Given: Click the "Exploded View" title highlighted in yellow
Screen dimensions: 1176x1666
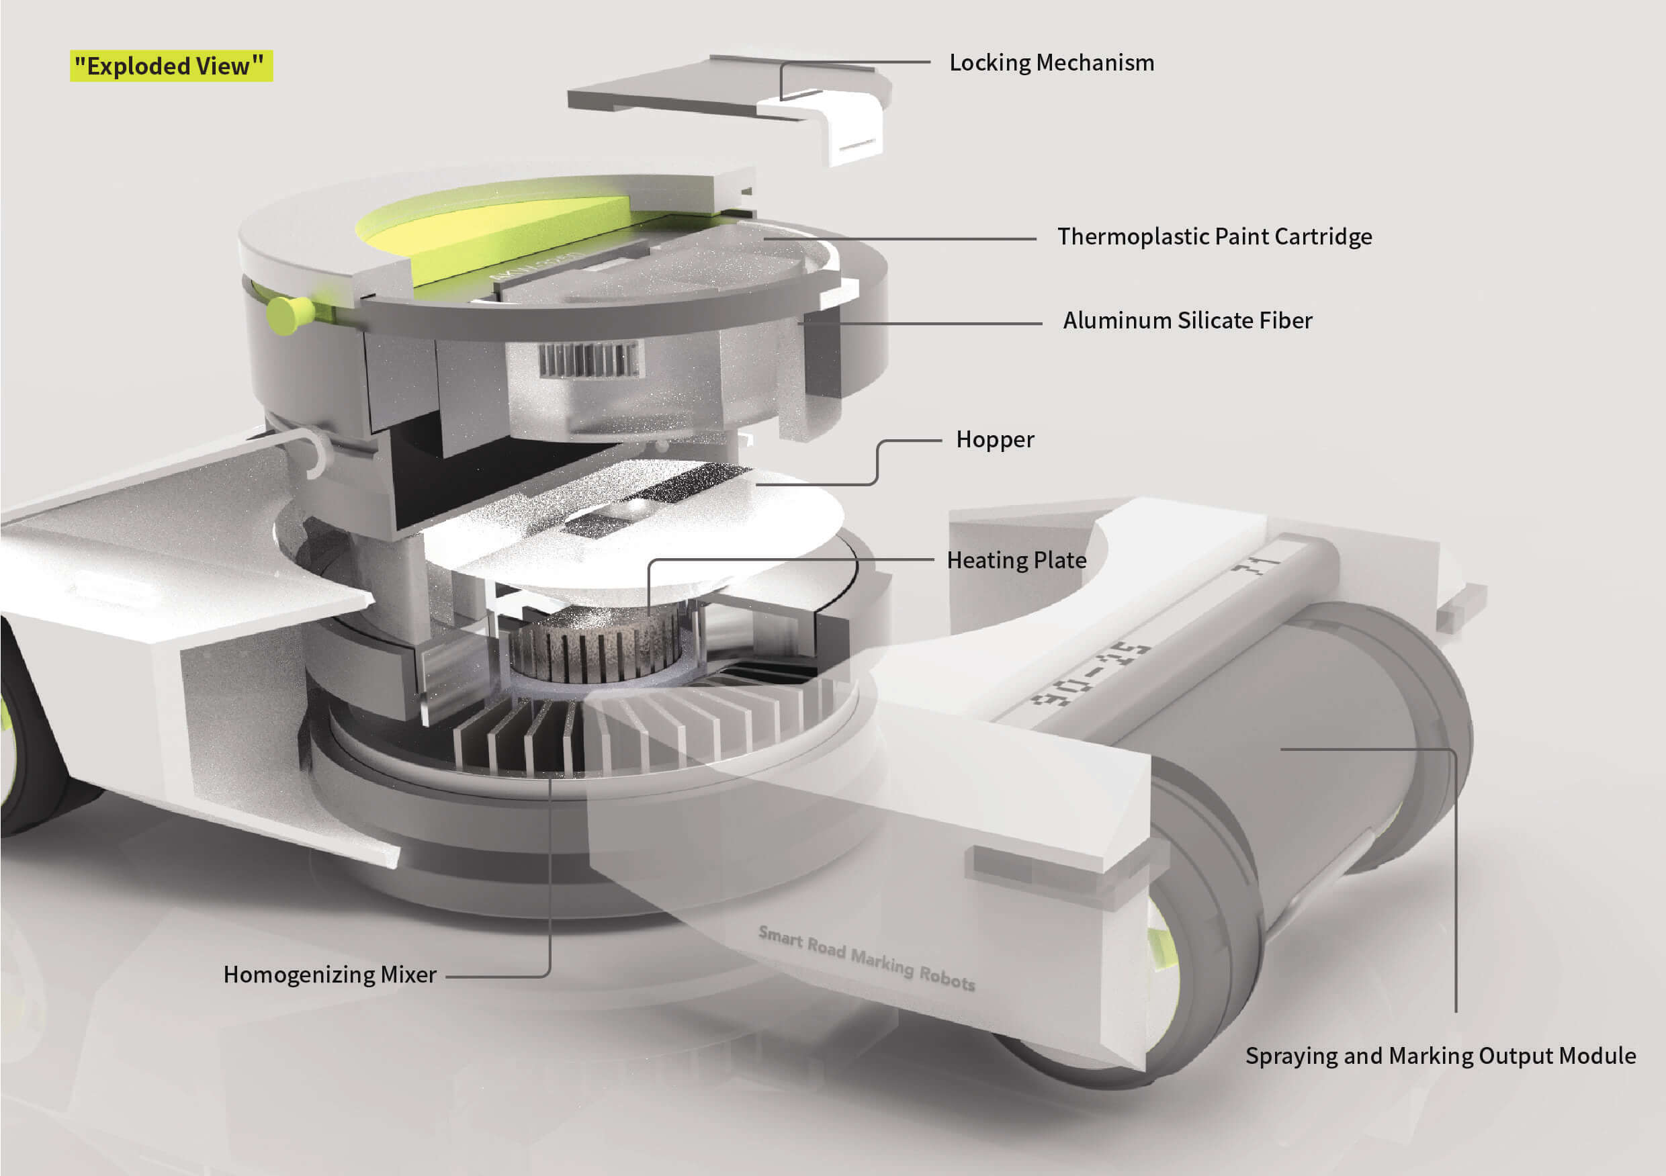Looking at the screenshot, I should coord(171,66).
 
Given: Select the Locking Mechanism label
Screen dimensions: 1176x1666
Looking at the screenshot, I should coord(1051,63).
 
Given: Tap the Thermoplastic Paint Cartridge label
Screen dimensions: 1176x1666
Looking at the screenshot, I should coord(1214,236).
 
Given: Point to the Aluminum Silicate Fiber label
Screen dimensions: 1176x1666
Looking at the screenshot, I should coord(1187,320).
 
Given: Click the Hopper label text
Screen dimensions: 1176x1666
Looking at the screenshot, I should coord(995,440).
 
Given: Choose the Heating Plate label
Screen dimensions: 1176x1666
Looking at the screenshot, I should coord(1016,560).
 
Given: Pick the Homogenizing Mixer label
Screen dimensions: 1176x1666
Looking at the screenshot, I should coord(329,975).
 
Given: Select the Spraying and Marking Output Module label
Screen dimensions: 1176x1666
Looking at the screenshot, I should coord(1440,1056).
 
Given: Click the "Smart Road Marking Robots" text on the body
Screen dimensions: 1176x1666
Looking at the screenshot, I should coord(867,958).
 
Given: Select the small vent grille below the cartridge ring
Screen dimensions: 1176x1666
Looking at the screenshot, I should coord(590,360).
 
